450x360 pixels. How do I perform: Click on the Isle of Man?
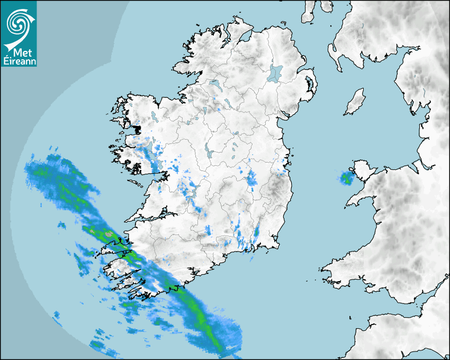pos(355,102)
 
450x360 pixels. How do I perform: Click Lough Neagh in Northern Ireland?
pos(275,73)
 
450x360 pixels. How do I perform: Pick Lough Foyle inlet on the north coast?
pos(245,37)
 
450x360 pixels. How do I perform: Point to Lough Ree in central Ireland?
pos(210,153)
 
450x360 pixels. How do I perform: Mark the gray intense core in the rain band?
pos(109,233)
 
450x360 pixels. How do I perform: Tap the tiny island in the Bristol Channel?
pos(350,317)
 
